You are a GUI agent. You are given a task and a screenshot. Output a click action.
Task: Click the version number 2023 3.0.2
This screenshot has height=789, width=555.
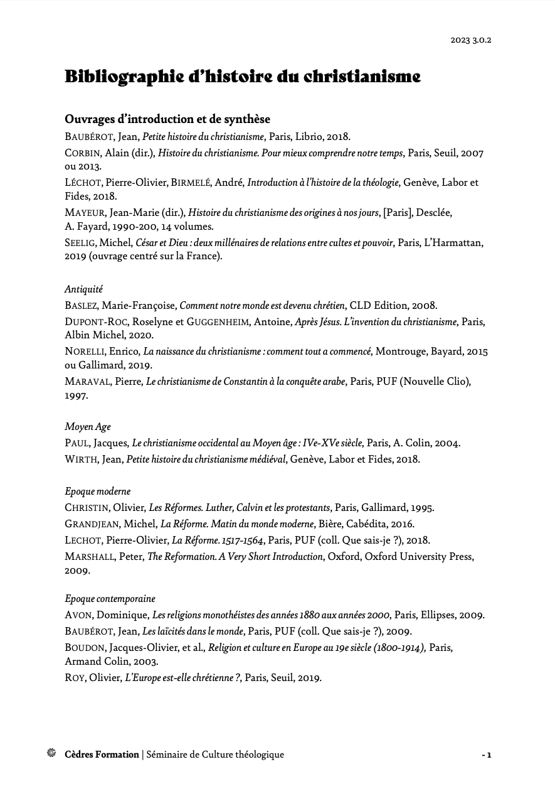471,40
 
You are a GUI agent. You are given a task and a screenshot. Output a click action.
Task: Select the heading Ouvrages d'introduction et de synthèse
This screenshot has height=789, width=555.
167,119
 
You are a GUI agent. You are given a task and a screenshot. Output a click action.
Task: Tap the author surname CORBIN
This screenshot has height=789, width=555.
82,153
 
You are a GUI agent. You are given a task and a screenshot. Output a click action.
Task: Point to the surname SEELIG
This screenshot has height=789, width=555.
81,242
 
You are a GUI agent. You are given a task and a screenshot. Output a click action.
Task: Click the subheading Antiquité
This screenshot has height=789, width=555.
83,289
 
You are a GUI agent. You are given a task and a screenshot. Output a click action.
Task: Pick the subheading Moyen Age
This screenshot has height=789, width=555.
88,427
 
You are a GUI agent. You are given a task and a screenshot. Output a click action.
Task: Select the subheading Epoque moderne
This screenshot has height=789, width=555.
98,491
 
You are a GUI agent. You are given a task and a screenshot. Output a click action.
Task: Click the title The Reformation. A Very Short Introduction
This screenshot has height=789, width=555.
235,556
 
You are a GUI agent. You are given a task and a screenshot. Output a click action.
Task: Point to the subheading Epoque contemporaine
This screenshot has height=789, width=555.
110,599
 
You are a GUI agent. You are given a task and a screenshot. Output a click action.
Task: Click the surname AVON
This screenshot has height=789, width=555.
78,616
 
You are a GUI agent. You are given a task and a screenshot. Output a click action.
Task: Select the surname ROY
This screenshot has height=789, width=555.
75,677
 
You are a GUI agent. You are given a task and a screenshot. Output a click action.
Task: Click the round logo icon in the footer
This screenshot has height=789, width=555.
52,753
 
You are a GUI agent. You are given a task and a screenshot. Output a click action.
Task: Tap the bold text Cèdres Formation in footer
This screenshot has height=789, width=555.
102,754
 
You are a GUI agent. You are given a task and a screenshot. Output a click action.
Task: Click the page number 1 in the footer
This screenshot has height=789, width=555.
489,755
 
